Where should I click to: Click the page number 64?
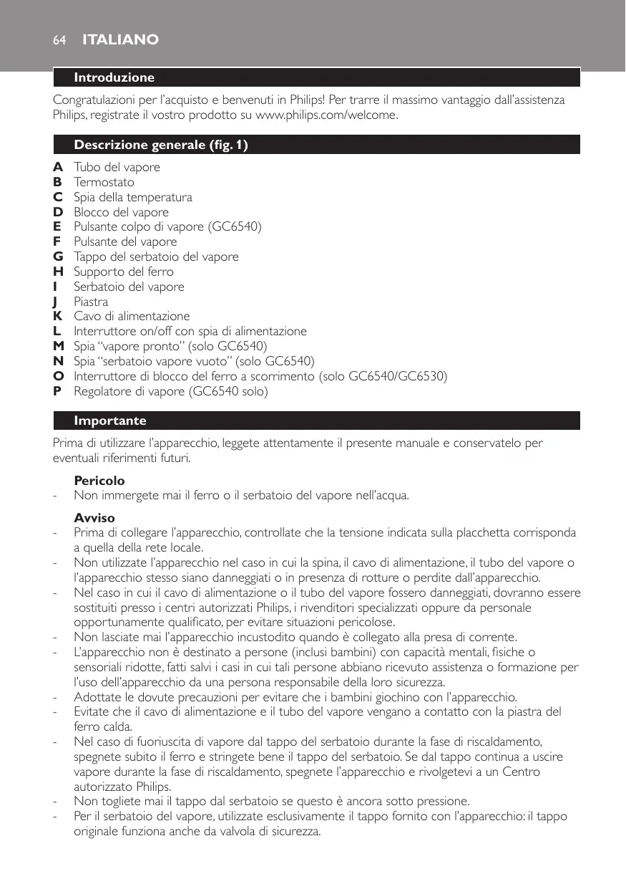point(59,40)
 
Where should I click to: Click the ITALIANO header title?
point(121,40)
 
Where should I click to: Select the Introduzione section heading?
point(114,77)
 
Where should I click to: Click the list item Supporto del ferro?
point(124,271)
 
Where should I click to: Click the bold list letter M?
point(59,346)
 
